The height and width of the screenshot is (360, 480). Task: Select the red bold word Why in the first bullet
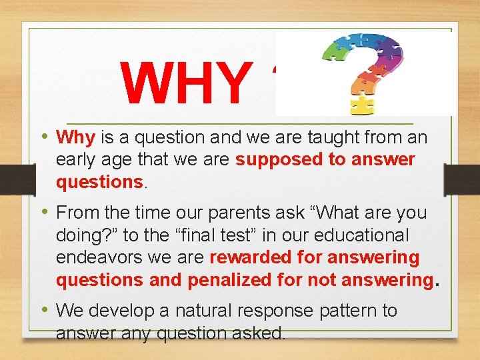pyautogui.click(x=77, y=138)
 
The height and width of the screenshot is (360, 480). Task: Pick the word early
pyautogui.click(x=76, y=160)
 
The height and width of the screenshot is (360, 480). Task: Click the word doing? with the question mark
pyautogui.click(x=83, y=235)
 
